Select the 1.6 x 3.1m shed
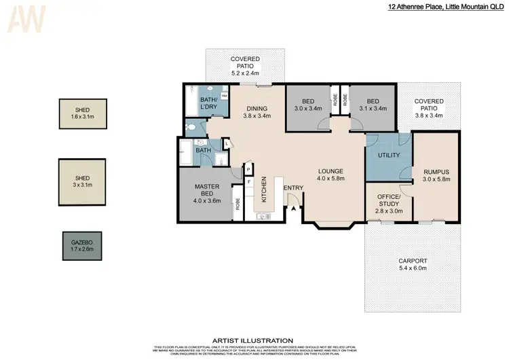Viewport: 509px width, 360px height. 82,114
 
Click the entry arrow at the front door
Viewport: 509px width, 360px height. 293,209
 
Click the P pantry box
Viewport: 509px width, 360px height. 249,169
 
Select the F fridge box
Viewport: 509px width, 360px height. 249,181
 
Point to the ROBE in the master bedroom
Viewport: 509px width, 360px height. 238,204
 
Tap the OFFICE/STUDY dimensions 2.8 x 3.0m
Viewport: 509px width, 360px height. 388,211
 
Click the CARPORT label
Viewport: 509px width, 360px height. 412,261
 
